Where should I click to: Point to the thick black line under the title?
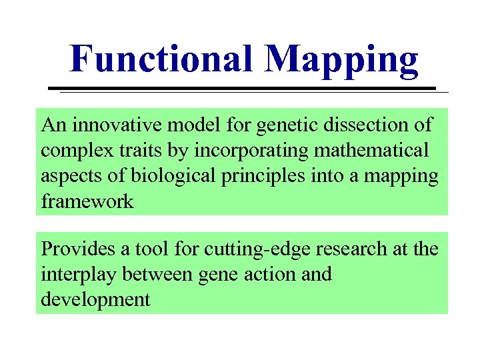(243, 88)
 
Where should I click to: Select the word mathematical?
(371, 151)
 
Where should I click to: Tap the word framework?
(87, 202)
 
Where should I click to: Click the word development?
(95, 300)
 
